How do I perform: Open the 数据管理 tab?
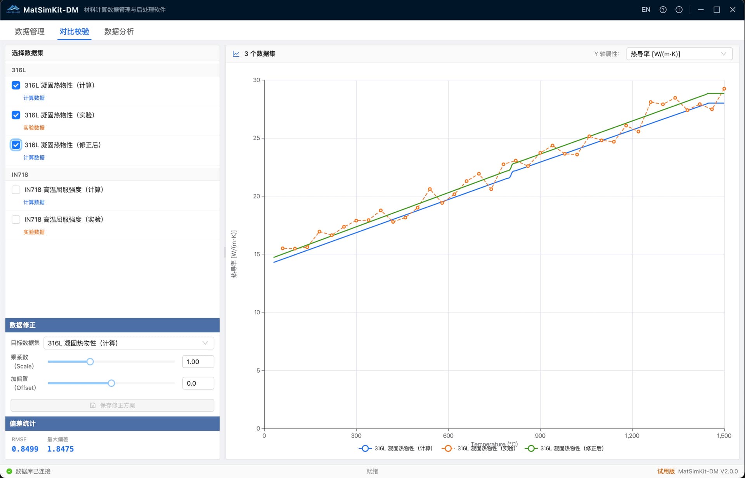(29, 31)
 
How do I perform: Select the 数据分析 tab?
(119, 31)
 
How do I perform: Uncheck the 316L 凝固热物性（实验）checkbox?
(16, 115)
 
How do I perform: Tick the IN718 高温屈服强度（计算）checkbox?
(16, 189)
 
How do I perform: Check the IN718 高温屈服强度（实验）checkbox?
(16, 219)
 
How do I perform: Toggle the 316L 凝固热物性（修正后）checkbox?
(16, 145)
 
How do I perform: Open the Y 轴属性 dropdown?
(679, 54)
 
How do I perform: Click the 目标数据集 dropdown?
(128, 343)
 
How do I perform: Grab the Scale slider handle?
(90, 362)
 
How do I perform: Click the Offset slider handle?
(111, 383)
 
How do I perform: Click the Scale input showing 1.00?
(198, 362)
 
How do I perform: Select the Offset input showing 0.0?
(198, 383)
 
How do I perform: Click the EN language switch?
(646, 10)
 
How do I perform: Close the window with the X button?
(733, 10)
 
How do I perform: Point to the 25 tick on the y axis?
(256, 138)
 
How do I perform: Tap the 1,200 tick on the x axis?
(632, 436)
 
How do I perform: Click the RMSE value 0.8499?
(25, 449)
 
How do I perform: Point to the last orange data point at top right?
(724, 89)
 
